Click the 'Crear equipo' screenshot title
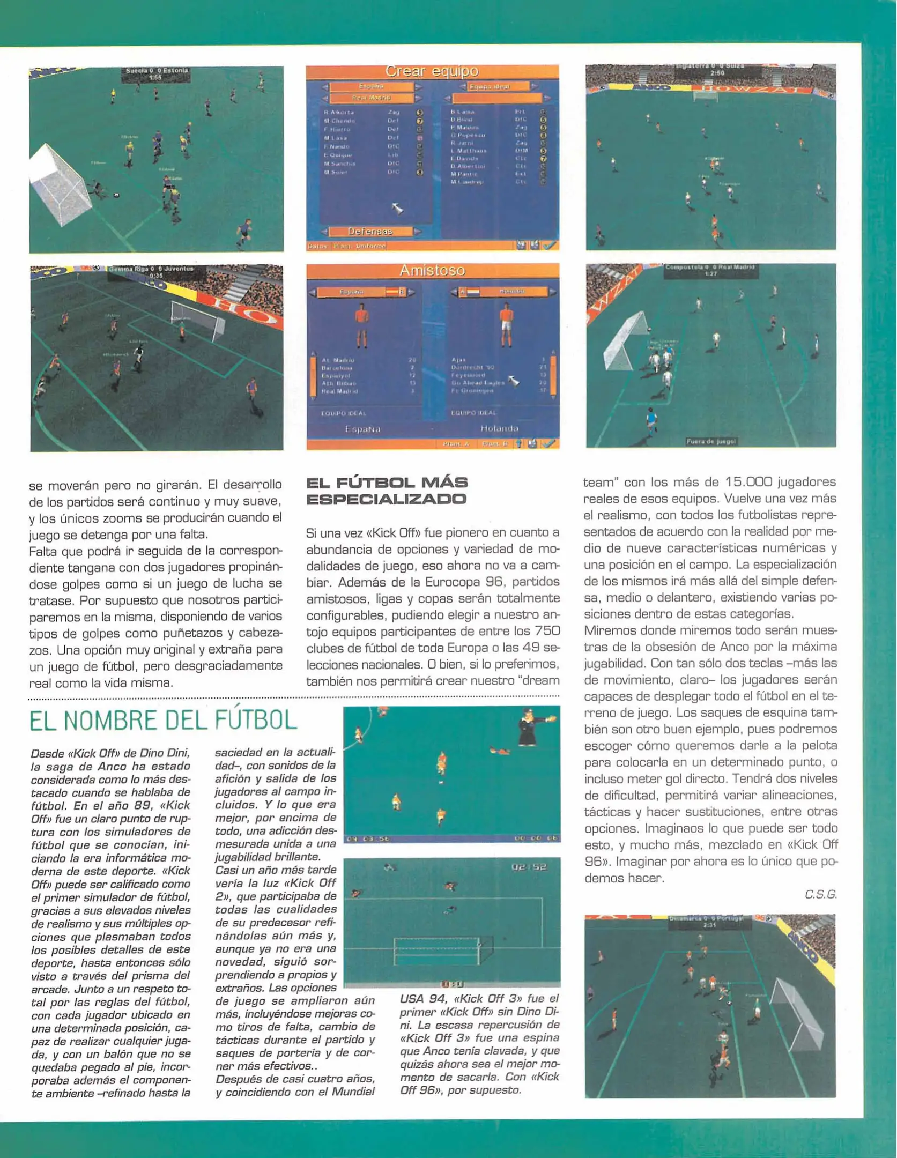(x=432, y=71)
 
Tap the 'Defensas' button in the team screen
(x=370, y=232)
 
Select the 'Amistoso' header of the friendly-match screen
(x=432, y=271)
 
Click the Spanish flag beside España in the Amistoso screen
(x=391, y=292)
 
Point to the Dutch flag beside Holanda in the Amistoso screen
(x=473, y=292)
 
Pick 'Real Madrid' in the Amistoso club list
(x=339, y=391)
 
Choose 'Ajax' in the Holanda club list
(x=459, y=360)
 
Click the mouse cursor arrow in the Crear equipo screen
(x=397, y=208)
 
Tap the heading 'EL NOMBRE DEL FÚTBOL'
(x=163, y=721)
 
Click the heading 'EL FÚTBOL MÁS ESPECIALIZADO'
(x=387, y=491)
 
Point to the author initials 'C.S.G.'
(x=820, y=894)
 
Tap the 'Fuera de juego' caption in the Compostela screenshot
(x=711, y=441)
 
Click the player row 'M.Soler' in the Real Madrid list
(x=336, y=173)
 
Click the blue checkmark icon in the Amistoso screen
(x=548, y=444)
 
